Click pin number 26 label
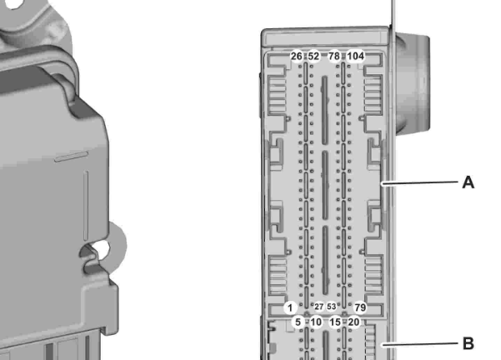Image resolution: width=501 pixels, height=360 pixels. pos(296,56)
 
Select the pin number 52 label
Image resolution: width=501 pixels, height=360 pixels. pos(313,56)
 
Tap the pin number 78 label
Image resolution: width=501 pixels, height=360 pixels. pos(334,56)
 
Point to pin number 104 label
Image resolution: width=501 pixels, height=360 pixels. pos(355,56)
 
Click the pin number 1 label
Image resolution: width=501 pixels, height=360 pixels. pos(290,308)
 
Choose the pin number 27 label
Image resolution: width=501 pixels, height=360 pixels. pos(319,307)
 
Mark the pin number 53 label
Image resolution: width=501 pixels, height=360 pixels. pos(331,307)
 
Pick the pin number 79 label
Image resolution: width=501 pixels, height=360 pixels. pos(360,307)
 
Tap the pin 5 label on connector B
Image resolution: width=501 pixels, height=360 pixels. pos(298,322)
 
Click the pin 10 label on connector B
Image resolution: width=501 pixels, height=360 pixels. pos(316,322)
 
